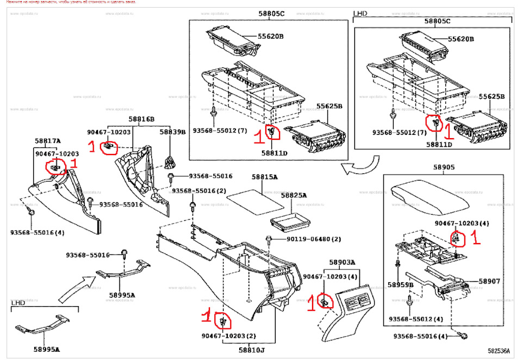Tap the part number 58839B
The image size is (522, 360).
(172, 132)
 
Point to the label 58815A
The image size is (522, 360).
(264, 177)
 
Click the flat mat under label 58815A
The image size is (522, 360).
(253, 199)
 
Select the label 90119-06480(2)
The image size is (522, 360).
(314, 239)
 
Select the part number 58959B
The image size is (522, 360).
(400, 284)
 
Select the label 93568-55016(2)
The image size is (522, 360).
(198, 191)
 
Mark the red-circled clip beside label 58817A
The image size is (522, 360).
(55, 167)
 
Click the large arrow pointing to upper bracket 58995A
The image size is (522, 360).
(73, 290)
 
